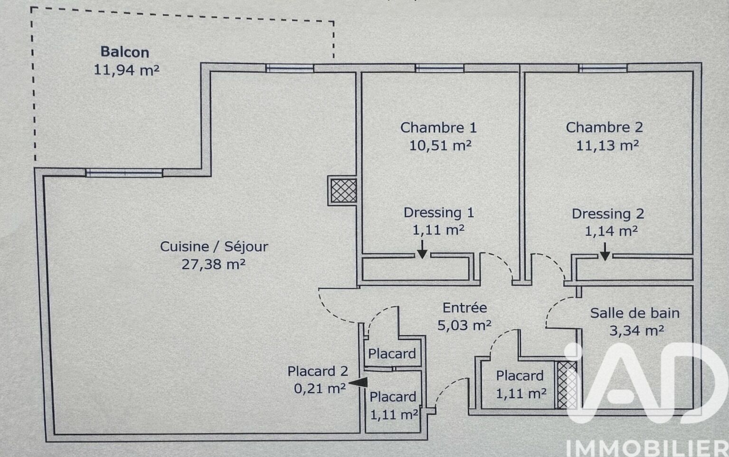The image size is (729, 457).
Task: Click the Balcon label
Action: click(125, 52)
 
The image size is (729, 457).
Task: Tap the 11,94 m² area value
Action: click(126, 70)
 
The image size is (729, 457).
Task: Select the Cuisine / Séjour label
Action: click(214, 247)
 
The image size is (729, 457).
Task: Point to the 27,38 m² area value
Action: click(213, 264)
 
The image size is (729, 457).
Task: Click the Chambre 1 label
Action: click(438, 127)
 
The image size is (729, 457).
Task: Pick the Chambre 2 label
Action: click(604, 127)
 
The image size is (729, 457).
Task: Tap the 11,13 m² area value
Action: click(607, 145)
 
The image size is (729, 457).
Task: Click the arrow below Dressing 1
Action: click(422, 250)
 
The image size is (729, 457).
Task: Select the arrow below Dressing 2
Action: click(605, 252)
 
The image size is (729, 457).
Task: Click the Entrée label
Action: click(464, 308)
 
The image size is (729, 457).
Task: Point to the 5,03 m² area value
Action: click(464, 325)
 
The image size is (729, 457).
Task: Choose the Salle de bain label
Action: click(634, 313)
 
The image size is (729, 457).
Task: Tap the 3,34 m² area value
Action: click(636, 331)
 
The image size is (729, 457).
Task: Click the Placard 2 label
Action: click(318, 371)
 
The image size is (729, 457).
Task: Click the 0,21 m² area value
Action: click(320, 389)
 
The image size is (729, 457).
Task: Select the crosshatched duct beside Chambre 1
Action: click(343, 190)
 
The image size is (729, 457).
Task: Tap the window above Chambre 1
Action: click(439, 68)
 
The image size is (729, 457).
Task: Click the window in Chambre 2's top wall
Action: click(603, 68)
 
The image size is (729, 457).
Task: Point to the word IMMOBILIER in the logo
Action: click(647, 448)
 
